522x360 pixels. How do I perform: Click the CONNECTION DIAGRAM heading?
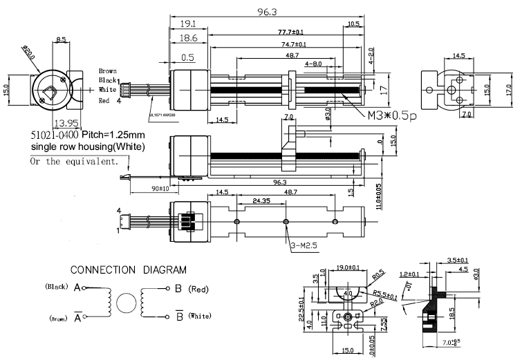click(128, 269)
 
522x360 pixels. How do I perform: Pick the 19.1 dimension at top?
click(189, 23)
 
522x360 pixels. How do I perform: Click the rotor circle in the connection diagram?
click(126, 303)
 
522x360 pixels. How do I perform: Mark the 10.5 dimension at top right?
click(353, 23)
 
